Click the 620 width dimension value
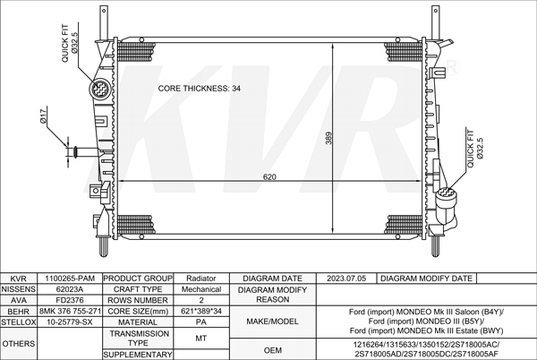tap(269, 177)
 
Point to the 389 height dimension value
tap(328, 138)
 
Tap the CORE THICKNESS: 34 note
tap(200, 89)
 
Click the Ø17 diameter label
tap(43, 116)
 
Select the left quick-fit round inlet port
tap(99, 89)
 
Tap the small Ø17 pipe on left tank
tap(85, 150)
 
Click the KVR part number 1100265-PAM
tap(70, 279)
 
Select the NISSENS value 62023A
tap(70, 289)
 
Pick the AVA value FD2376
tap(70, 300)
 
